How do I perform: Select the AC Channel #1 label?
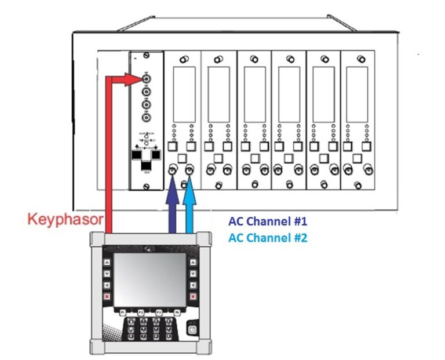(267, 222)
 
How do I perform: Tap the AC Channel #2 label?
(267, 238)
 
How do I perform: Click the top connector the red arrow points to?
(146, 78)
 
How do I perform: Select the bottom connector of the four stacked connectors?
(146, 118)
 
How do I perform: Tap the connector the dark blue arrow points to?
(172, 170)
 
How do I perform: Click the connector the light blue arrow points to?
(189, 170)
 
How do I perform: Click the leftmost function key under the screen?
(123, 312)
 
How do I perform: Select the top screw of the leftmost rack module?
(146, 59)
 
